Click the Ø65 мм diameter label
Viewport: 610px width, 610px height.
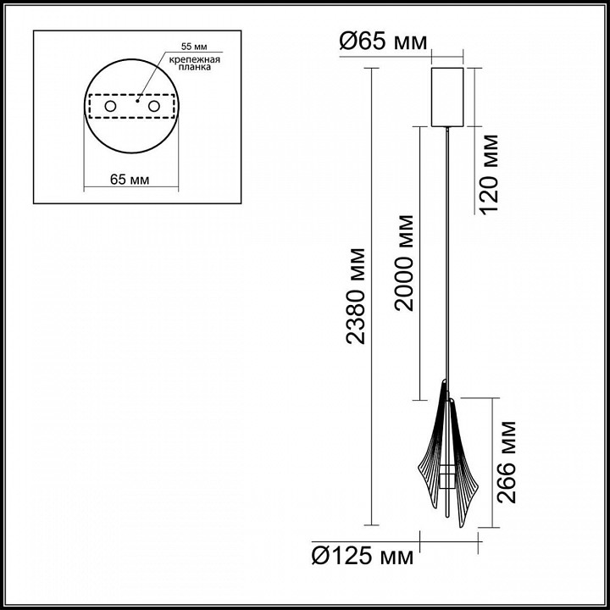[383, 40]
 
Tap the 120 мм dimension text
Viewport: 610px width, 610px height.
[490, 174]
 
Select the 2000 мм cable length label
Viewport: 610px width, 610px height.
[405, 263]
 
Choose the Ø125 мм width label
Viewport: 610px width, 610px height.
[363, 557]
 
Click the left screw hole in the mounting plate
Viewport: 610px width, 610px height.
[111, 106]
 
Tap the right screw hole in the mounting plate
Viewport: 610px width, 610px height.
[154, 106]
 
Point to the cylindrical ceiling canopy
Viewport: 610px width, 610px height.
[449, 95]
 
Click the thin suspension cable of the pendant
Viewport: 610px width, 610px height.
[448, 254]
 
